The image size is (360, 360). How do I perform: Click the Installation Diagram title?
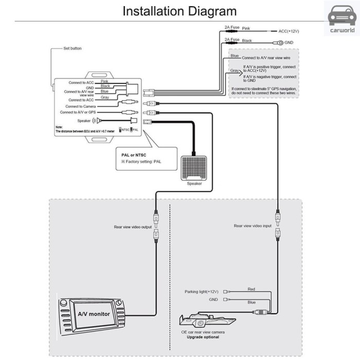pyautogui.click(x=179, y=11)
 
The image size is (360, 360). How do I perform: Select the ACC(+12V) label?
pyautogui.click(x=289, y=31)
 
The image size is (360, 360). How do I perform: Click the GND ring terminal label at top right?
pyautogui.click(x=289, y=43)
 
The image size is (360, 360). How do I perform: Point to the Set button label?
pyautogui.click(x=73, y=48)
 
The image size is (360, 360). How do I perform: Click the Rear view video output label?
pyautogui.click(x=133, y=226)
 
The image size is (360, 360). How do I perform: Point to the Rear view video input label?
pyautogui.click(x=253, y=225)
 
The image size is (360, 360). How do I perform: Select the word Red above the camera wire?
pyautogui.click(x=251, y=289)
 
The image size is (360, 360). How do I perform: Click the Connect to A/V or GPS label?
pyautogui.click(x=78, y=112)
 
